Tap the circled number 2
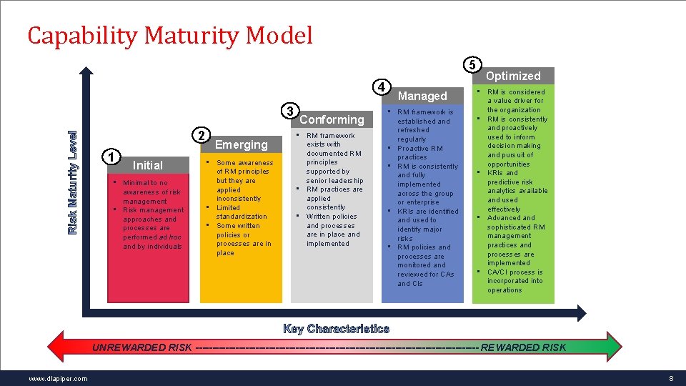(x=202, y=136)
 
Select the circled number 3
(x=289, y=112)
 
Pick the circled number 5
(x=472, y=64)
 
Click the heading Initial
(x=148, y=165)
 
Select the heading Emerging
(x=242, y=144)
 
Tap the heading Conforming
(x=332, y=119)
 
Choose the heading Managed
(x=422, y=96)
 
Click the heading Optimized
(x=513, y=76)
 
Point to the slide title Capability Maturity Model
(x=170, y=35)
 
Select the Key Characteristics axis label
(x=336, y=329)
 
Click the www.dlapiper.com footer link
(x=59, y=378)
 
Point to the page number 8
(x=671, y=378)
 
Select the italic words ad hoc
(x=171, y=237)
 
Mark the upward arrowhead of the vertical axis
(x=86, y=71)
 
